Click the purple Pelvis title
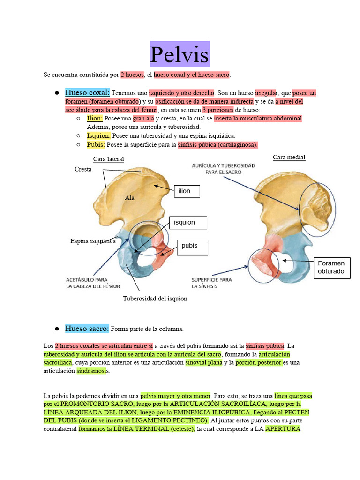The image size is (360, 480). click(x=180, y=54)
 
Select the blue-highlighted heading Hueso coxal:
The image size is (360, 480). click(x=87, y=92)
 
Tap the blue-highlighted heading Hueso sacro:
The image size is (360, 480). click(x=87, y=329)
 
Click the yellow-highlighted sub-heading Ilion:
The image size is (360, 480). click(x=95, y=119)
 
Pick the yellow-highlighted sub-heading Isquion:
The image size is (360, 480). click(x=98, y=136)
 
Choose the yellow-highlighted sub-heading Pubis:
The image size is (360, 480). click(x=96, y=144)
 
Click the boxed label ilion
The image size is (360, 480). click(x=187, y=191)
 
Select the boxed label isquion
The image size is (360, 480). click(x=189, y=222)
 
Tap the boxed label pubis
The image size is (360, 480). click(x=192, y=247)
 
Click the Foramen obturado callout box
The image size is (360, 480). click(x=331, y=267)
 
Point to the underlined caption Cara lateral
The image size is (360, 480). click(x=108, y=159)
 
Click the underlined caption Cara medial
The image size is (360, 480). click(x=289, y=157)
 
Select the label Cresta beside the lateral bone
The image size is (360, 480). click(x=83, y=169)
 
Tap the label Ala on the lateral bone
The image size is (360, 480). click(x=129, y=198)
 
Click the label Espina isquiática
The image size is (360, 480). click(x=93, y=241)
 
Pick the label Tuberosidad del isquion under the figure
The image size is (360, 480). click(x=155, y=299)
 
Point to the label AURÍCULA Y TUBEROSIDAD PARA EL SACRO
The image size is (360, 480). click(x=223, y=169)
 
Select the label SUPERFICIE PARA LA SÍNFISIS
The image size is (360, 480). click(x=211, y=283)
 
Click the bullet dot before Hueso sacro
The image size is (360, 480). click(x=56, y=329)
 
